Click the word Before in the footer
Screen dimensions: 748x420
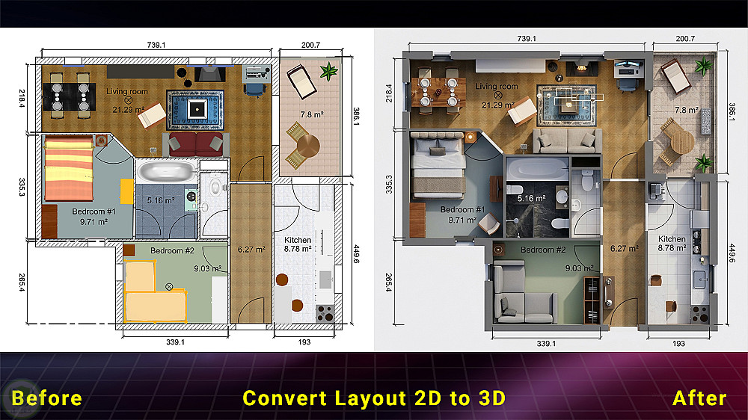coord(46,398)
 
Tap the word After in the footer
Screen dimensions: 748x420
coord(699,398)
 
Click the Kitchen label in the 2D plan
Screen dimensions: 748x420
coord(298,240)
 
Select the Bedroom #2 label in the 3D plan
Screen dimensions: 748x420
coord(543,250)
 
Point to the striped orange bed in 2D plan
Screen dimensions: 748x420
coord(69,168)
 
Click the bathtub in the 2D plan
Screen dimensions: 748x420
coord(167,171)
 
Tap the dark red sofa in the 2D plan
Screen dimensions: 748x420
coord(195,144)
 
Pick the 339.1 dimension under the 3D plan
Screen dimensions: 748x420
coord(546,343)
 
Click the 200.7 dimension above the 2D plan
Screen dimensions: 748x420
coord(310,45)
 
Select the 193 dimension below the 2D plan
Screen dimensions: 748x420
coord(304,342)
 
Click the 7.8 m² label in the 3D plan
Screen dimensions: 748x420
coord(686,110)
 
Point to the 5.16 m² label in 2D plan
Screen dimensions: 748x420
coord(160,200)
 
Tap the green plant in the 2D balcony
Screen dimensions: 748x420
coord(328,72)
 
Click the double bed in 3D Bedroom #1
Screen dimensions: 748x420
coord(438,165)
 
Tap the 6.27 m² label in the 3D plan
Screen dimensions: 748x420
coord(624,248)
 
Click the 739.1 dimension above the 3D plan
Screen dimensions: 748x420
coord(527,39)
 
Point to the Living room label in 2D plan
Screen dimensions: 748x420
coord(127,91)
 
